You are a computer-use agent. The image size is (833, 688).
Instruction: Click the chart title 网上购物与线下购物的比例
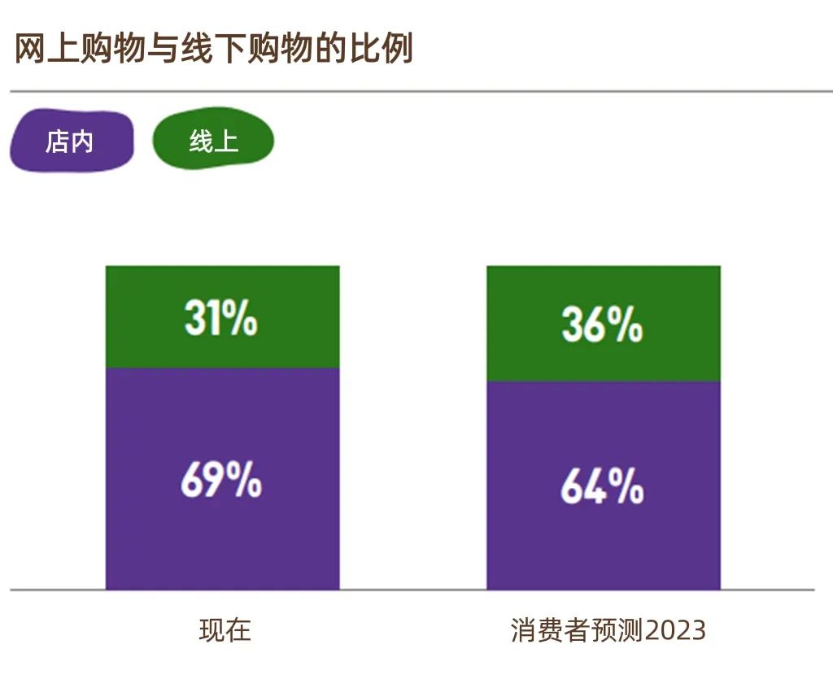click(214, 50)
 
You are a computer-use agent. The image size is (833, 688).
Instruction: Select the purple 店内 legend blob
click(70, 142)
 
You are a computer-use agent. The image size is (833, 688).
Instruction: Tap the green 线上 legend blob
click(213, 142)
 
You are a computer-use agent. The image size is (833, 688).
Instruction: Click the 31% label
click(220, 318)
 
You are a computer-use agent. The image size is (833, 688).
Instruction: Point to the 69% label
click(220, 481)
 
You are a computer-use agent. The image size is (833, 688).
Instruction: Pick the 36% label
click(602, 324)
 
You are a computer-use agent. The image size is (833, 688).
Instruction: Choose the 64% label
click(602, 486)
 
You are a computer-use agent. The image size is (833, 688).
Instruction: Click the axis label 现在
click(225, 630)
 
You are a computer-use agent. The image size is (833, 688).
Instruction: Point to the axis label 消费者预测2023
click(608, 630)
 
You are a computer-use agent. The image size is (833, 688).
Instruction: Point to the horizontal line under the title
click(407, 91)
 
